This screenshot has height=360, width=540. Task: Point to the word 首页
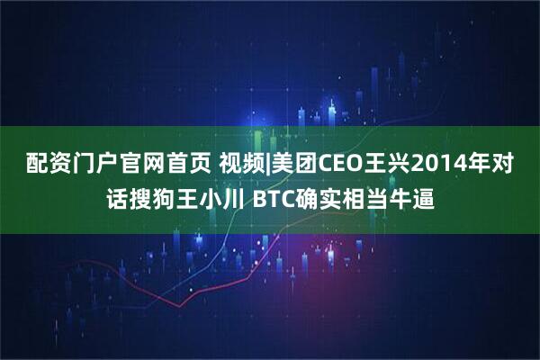point(179,166)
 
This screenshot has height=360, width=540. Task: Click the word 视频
point(234,166)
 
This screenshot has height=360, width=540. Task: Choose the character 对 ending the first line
point(505,166)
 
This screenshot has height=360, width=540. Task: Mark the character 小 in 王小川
point(205,198)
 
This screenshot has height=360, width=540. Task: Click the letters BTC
point(271,198)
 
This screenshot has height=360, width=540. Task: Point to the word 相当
point(370,198)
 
